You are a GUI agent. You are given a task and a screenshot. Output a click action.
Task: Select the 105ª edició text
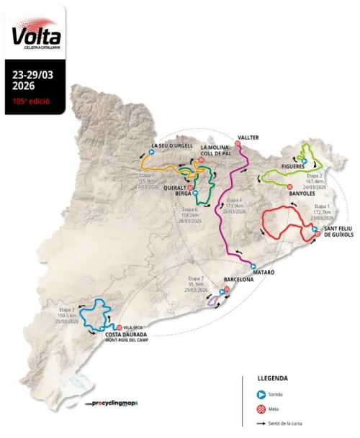coord(30,101)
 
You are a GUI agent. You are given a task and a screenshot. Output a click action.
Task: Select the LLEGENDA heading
coord(273,378)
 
